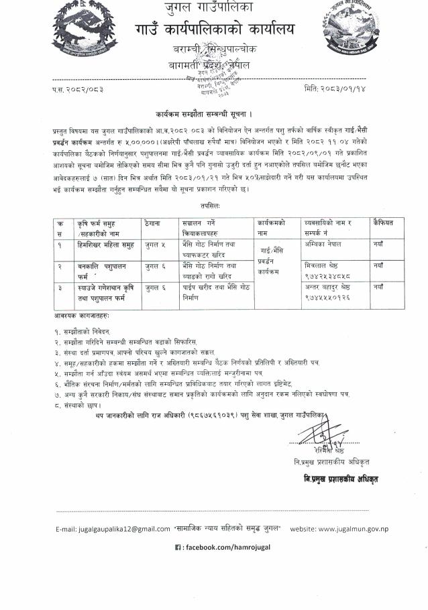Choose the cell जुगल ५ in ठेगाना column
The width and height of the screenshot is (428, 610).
[154, 246]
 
